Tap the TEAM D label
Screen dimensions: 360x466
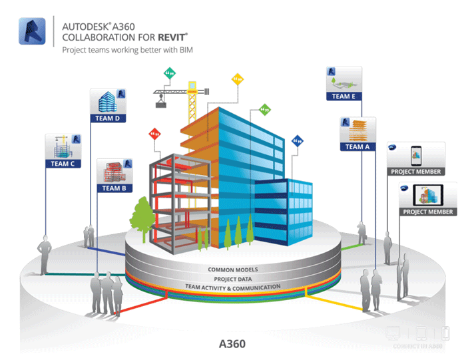pos(108,118)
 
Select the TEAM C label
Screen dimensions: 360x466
pos(63,162)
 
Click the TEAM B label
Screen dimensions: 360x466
pos(115,188)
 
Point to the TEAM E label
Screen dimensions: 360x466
pos(344,96)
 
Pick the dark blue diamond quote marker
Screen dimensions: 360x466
pos(298,141)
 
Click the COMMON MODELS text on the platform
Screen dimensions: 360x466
pos(233,270)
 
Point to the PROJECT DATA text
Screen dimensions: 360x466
pos(232,278)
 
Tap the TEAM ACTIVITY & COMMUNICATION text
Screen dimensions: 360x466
pos(233,287)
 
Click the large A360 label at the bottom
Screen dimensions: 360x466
pos(233,344)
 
